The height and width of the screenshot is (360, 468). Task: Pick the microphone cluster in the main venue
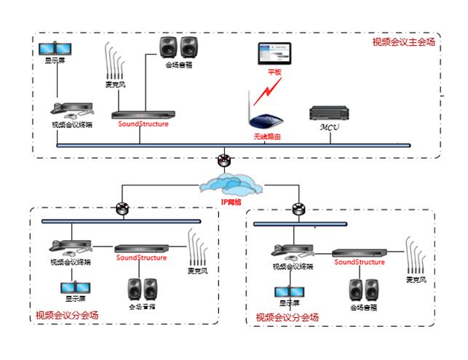(x=114, y=65)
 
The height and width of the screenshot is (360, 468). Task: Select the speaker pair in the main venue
(x=179, y=48)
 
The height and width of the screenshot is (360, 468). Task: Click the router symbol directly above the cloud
(x=225, y=160)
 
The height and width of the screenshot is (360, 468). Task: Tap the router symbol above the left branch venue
(x=122, y=209)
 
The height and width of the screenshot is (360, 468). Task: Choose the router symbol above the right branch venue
(x=298, y=209)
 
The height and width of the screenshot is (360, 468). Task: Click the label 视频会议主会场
(x=403, y=41)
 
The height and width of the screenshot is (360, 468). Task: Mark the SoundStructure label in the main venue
(x=143, y=124)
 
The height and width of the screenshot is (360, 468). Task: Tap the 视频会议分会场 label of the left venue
(x=67, y=315)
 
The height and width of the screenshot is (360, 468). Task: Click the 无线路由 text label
(x=265, y=137)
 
